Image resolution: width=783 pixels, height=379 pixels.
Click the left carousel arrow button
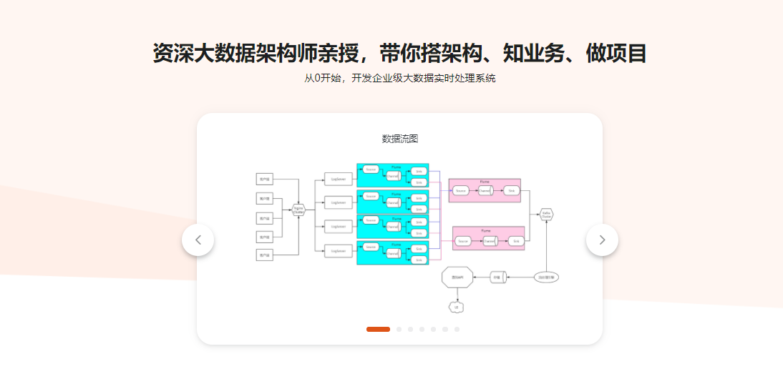click(198, 240)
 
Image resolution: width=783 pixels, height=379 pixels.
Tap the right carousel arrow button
click(602, 240)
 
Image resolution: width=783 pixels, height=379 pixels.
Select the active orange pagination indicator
click(378, 329)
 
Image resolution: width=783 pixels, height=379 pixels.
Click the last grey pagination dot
click(457, 329)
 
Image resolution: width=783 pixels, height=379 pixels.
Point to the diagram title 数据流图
click(399, 138)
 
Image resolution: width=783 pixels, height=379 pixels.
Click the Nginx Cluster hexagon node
click(299, 210)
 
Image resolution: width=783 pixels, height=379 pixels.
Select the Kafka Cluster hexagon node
click(546, 214)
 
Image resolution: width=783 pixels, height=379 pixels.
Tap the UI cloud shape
click(454, 307)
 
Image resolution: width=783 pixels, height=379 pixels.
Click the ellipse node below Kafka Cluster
click(546, 277)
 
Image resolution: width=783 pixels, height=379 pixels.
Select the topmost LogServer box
click(339, 179)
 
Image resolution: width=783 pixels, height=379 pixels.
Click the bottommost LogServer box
click(339, 251)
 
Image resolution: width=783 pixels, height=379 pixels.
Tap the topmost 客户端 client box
click(265, 179)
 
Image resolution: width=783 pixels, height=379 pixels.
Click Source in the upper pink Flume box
click(462, 190)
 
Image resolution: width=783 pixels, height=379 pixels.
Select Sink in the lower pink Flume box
click(516, 242)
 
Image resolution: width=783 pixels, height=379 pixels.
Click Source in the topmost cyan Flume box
click(370, 169)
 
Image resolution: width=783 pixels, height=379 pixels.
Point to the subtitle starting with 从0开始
click(399, 78)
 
